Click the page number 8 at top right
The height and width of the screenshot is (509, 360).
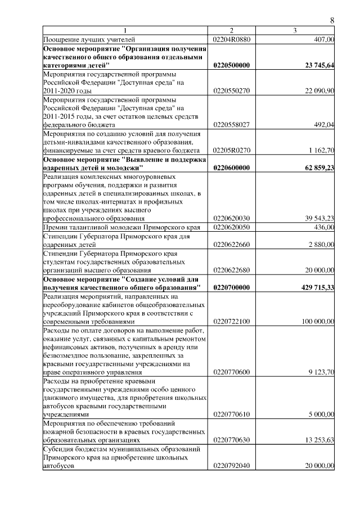[332, 20]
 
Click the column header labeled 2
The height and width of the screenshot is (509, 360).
[231, 30]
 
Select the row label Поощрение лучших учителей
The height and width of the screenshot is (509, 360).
[89, 39]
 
